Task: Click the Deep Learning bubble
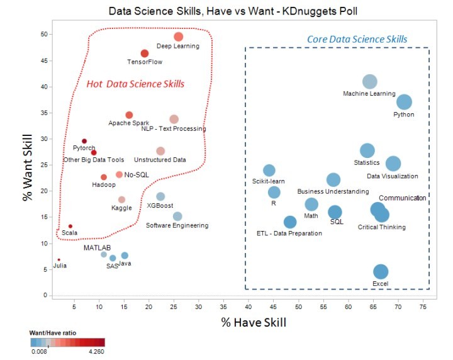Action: [178, 37]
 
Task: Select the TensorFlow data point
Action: [145, 53]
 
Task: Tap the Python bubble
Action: [404, 102]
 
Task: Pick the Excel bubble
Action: [381, 271]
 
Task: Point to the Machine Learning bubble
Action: [370, 81]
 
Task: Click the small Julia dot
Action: [59, 259]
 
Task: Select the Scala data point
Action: [70, 226]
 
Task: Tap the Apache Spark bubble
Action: [129, 115]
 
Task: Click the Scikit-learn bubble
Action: [269, 170]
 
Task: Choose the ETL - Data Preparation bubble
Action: [290, 222]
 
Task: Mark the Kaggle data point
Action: [122, 200]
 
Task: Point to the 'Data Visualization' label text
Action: [393, 176]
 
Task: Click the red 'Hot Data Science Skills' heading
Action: [139, 84]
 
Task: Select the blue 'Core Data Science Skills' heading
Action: [357, 40]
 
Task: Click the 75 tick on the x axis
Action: [425, 307]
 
